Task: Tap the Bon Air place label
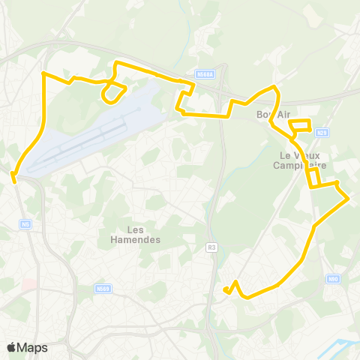tap(272, 114)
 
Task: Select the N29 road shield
tap(322, 133)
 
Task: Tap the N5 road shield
tap(26, 223)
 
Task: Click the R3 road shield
tap(211, 247)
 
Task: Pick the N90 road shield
tap(333, 279)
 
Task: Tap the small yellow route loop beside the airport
tap(113, 92)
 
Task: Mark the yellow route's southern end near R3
tap(226, 289)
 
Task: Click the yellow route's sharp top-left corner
tap(43, 73)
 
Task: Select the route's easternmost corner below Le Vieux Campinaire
tap(349, 198)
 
